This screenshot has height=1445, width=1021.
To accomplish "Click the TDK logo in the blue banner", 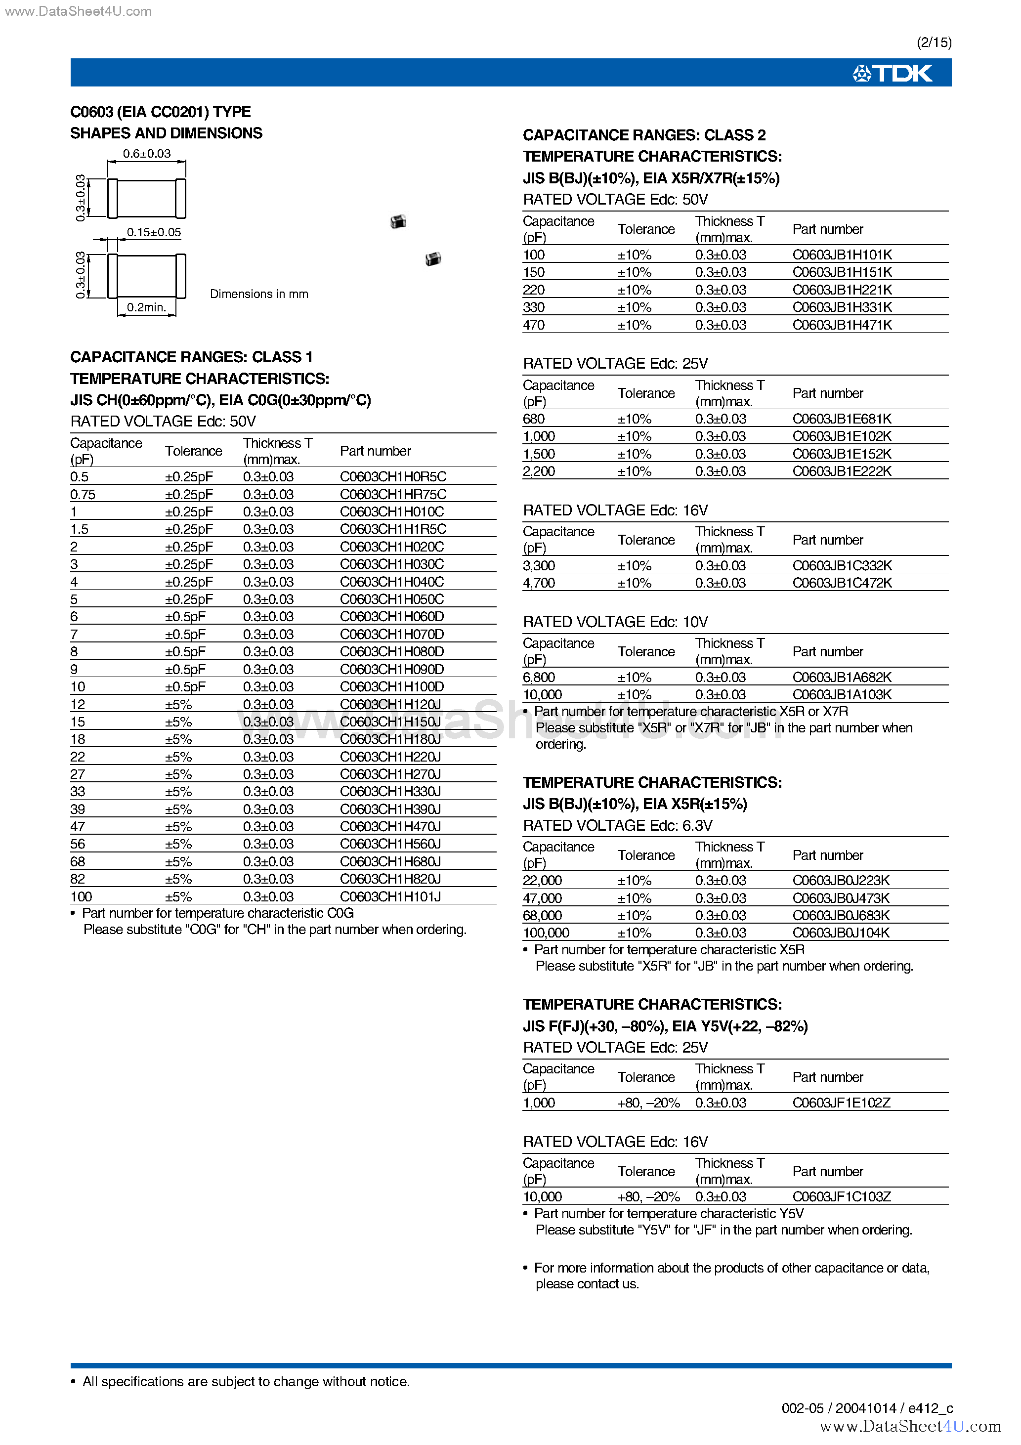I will pos(892,74).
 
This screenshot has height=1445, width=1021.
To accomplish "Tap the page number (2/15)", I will pos(934,42).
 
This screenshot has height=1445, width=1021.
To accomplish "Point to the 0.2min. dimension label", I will pos(147,307).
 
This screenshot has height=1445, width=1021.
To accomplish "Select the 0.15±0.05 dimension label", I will pos(154,232).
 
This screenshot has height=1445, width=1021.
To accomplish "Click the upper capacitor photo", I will pos(398,221).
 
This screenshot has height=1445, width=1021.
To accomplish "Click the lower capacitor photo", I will pos(433,258).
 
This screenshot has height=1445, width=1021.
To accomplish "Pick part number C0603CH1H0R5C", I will pos(393,477).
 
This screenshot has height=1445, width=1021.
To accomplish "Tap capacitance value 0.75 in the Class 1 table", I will pos(83,495).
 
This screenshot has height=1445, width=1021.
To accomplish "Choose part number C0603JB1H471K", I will pos(842,325).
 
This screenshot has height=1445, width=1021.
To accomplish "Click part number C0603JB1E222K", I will pos(842,471).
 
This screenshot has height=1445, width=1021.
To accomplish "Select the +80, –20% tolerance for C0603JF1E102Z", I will pos(648,1103).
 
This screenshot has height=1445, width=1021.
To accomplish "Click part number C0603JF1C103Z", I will pos(842,1197).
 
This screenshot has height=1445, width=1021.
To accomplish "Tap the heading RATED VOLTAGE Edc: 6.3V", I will pos(618,826).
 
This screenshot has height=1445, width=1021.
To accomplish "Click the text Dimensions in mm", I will pos(259,294).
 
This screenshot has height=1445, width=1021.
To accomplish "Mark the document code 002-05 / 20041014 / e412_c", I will pos(867,1408).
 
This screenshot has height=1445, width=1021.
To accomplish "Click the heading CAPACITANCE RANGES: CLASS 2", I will pos(644,135).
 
